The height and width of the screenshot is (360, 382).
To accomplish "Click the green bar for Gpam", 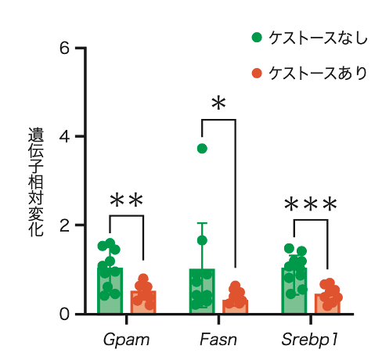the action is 110,290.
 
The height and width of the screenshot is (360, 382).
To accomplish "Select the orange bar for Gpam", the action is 143,302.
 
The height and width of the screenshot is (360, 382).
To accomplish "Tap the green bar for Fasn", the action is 202,291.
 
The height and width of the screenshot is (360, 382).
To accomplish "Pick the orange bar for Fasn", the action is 235,307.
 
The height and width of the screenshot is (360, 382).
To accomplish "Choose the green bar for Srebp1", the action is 294,290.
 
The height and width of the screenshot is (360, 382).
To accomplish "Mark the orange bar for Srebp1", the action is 327,304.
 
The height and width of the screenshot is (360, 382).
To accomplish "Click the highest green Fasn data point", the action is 202,149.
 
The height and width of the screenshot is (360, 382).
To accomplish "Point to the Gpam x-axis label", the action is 126,340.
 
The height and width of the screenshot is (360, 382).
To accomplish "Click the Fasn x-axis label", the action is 218,340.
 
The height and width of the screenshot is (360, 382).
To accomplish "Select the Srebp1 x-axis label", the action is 310,340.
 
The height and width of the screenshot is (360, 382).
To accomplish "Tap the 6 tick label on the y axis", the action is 64,49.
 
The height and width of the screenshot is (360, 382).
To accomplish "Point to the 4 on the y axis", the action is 64,136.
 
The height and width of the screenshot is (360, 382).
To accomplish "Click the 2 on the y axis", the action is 64,225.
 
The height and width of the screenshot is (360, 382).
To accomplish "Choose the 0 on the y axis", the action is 64,314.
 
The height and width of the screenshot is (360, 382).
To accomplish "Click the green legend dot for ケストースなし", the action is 257,38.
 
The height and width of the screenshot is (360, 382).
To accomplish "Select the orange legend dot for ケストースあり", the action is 257,74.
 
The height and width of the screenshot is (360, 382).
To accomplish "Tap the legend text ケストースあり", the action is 318,74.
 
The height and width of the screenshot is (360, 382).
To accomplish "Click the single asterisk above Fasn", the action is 218,103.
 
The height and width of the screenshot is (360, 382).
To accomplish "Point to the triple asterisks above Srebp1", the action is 311,204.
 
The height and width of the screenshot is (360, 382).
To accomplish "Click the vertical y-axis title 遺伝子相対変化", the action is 36,182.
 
